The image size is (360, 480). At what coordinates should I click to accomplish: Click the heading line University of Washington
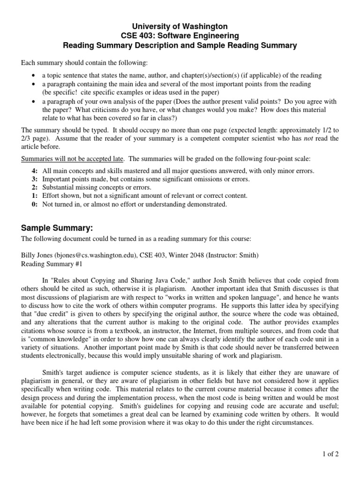click(x=180, y=27)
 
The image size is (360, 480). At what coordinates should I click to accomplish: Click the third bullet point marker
click(x=32, y=100)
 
